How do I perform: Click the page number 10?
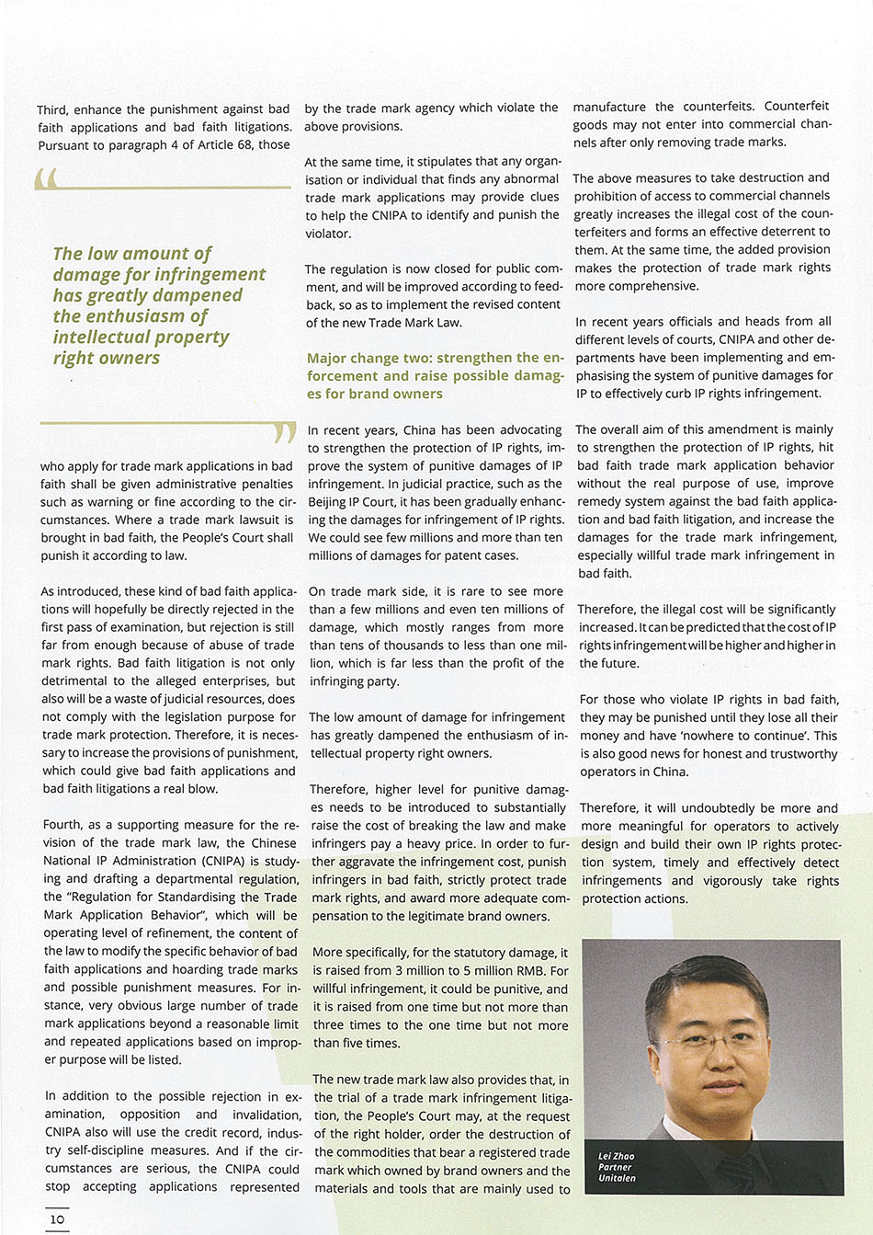(x=57, y=1219)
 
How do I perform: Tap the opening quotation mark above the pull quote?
(x=46, y=177)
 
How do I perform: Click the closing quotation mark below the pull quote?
(x=285, y=432)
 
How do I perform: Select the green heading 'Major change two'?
(x=435, y=375)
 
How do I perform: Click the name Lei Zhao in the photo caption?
(x=616, y=1156)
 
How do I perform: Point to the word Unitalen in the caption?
(x=617, y=1178)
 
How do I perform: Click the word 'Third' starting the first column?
(x=52, y=109)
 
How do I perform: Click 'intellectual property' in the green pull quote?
(x=141, y=337)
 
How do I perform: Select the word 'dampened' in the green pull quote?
(x=198, y=295)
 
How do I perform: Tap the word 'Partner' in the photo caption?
(x=615, y=1167)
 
